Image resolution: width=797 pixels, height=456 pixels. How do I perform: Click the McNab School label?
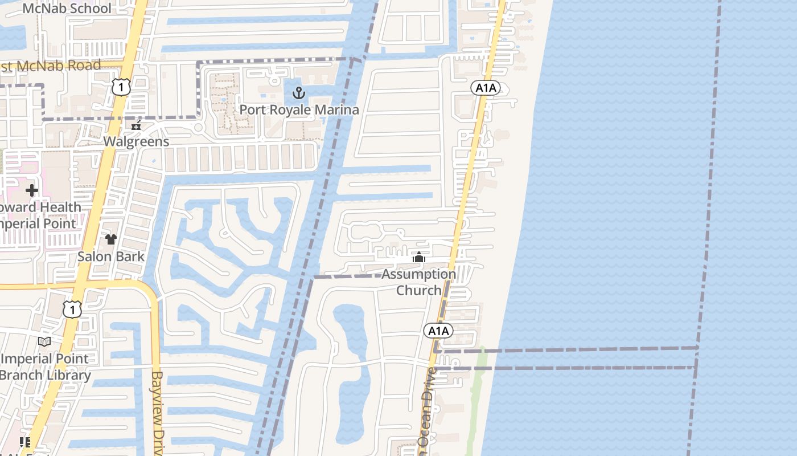click(67, 9)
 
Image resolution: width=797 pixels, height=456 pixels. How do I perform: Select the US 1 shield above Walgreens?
click(121, 87)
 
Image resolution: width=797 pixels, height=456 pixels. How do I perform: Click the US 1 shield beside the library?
click(72, 310)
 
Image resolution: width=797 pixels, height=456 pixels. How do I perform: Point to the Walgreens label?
click(136, 141)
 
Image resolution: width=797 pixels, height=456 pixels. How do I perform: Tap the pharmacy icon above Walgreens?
click(136, 126)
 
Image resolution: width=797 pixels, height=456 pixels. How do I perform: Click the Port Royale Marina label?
click(299, 109)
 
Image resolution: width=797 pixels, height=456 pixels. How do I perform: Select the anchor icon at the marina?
click(299, 93)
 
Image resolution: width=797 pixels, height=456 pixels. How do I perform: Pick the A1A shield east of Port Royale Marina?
click(486, 88)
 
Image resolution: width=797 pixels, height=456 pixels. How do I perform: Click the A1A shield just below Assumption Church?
click(438, 331)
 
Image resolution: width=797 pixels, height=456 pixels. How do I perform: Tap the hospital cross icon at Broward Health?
click(32, 190)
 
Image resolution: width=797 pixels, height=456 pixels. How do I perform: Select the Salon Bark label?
click(110, 256)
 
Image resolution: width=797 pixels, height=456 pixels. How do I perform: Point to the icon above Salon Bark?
click(110, 239)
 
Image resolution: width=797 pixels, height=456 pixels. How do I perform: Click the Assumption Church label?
click(419, 282)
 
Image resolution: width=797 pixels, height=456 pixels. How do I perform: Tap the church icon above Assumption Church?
click(419, 258)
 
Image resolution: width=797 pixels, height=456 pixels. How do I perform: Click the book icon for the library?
click(44, 341)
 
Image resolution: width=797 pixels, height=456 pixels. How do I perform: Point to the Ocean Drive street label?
click(428, 408)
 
